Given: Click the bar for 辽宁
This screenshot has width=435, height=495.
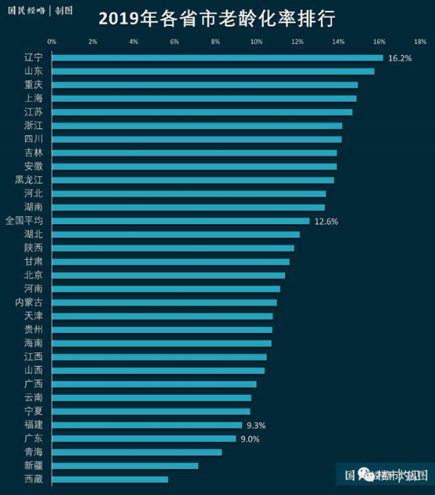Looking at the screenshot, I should point(217,57).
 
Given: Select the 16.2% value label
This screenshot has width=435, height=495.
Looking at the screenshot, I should point(400,58).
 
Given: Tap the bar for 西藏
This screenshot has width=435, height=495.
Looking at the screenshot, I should point(110,479).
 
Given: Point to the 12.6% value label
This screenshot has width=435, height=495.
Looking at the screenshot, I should point(326,222).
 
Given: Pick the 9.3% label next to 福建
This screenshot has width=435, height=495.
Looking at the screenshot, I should point(256,425).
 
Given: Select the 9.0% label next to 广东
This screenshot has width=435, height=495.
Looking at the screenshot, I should point(250,438).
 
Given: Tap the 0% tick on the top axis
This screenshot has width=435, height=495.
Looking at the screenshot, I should point(52,41).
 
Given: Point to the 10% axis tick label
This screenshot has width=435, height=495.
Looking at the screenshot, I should point(256,41).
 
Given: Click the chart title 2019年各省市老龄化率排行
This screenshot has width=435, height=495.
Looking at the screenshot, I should point(217,17).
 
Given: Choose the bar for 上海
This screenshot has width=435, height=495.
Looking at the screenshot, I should point(204,98).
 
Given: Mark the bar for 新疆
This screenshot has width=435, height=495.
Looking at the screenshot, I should point(125,466).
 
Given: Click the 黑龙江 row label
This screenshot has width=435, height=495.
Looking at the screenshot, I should point(29,180).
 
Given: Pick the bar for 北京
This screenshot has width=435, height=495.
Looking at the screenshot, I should point(168,275).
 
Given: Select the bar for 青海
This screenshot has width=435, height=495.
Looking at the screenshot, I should point(137,452).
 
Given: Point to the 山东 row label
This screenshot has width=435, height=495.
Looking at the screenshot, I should point(34,71).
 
